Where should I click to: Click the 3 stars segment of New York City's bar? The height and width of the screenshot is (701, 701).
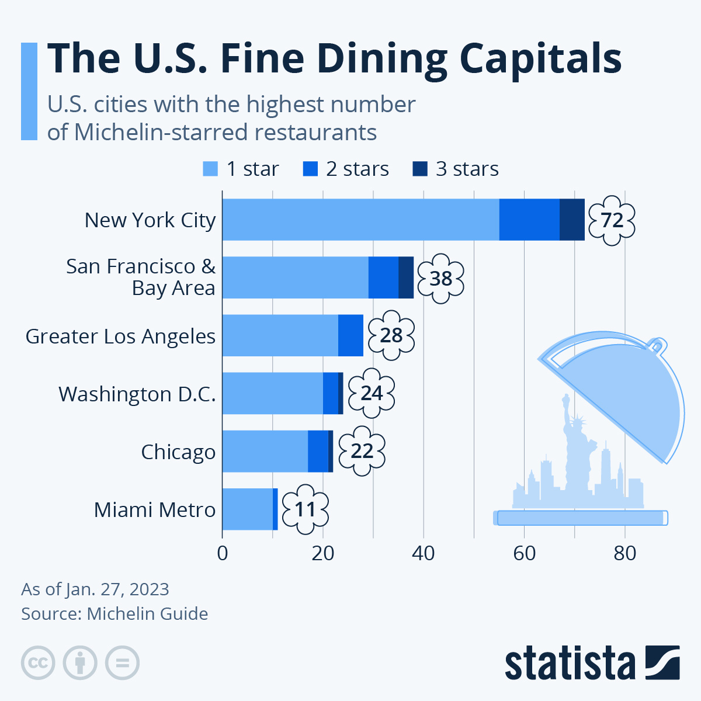[x=572, y=220]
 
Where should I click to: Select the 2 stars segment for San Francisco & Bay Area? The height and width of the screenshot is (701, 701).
[x=383, y=277]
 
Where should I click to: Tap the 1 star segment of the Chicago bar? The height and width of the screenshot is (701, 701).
[x=265, y=452]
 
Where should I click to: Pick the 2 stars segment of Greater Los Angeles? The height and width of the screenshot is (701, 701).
[x=350, y=335]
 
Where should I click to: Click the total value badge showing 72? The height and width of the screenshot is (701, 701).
[x=611, y=221]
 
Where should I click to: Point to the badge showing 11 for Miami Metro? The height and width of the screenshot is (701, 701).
[x=305, y=509]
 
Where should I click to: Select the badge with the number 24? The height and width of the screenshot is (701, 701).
[x=372, y=394]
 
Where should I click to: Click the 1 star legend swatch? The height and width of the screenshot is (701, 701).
[x=210, y=169]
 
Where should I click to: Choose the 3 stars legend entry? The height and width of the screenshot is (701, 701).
[x=456, y=169]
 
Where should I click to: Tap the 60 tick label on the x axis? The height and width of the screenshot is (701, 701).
[x=524, y=553]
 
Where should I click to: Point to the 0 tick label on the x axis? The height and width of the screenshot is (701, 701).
[x=222, y=553]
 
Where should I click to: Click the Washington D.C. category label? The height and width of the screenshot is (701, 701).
[x=137, y=394]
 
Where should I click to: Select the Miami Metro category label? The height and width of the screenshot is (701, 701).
[x=155, y=510]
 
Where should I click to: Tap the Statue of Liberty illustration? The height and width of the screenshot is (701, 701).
[x=574, y=444]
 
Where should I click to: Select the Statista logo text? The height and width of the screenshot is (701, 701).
[x=570, y=664]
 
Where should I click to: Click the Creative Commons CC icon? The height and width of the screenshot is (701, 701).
[x=38, y=663]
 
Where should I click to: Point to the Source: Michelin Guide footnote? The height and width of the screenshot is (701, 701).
[x=114, y=614]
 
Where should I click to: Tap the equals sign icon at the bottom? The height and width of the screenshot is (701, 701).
[x=122, y=663]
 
